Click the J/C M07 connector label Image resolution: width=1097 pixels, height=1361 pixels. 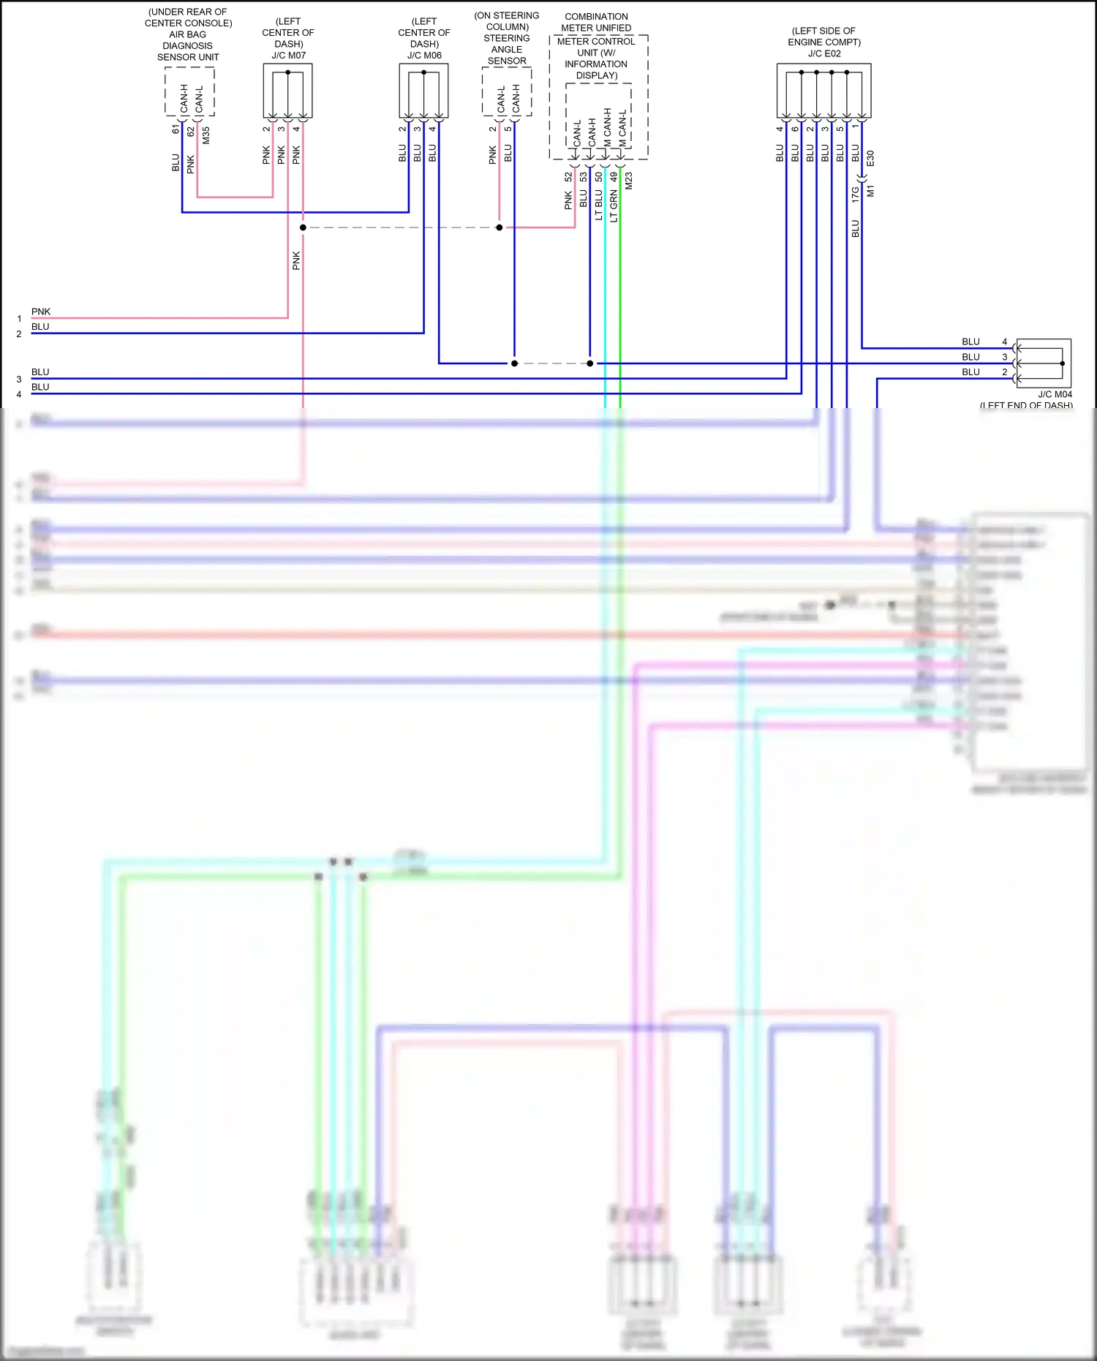tap(288, 56)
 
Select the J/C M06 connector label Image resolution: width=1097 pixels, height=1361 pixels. tap(424, 56)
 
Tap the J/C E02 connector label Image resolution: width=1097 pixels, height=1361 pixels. tap(824, 53)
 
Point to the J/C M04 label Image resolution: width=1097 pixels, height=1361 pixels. tap(1055, 394)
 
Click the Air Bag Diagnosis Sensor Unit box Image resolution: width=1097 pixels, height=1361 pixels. tap(189, 92)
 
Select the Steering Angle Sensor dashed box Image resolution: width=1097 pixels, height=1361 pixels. tap(507, 92)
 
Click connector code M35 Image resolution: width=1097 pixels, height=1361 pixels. tap(206, 135)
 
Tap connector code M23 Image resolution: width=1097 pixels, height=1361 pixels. tap(629, 181)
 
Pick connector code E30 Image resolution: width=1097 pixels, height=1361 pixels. tap(870, 159)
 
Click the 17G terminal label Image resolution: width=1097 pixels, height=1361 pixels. tap(855, 194)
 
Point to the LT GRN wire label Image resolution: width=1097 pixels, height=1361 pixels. tap(614, 206)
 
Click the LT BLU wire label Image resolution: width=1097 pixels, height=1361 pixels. tap(598, 206)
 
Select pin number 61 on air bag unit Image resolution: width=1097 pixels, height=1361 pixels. tap(176, 129)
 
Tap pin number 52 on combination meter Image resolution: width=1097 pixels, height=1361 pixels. tap(568, 177)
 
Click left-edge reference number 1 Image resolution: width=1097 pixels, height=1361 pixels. tap(19, 319)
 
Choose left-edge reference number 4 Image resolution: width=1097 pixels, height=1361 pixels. tap(19, 395)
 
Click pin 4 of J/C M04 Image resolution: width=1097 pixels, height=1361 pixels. tap(1004, 342)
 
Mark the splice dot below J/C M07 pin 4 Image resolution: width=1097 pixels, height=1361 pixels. tap(303, 227)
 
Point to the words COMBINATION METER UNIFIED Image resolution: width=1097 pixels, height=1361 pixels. tap(596, 22)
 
